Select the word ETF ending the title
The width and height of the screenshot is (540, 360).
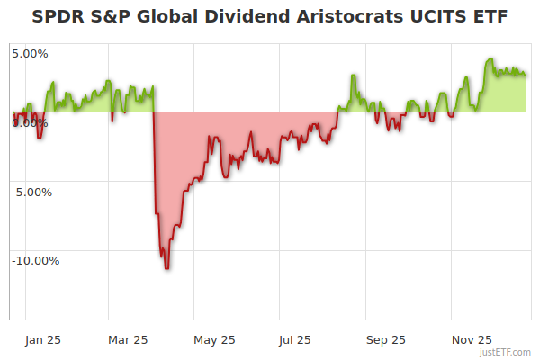coord(487,17)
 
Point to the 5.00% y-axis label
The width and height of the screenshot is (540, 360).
coord(30,54)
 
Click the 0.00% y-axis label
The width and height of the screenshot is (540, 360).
coord(30,123)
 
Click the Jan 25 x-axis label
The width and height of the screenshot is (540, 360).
coord(41,340)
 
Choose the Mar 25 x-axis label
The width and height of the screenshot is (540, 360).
coord(127,340)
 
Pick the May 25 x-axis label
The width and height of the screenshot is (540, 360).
coord(214,340)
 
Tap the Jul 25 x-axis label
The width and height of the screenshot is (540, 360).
coord(296,340)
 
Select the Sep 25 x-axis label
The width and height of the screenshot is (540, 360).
coord(386,340)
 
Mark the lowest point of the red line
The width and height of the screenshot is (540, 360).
coord(167,268)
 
